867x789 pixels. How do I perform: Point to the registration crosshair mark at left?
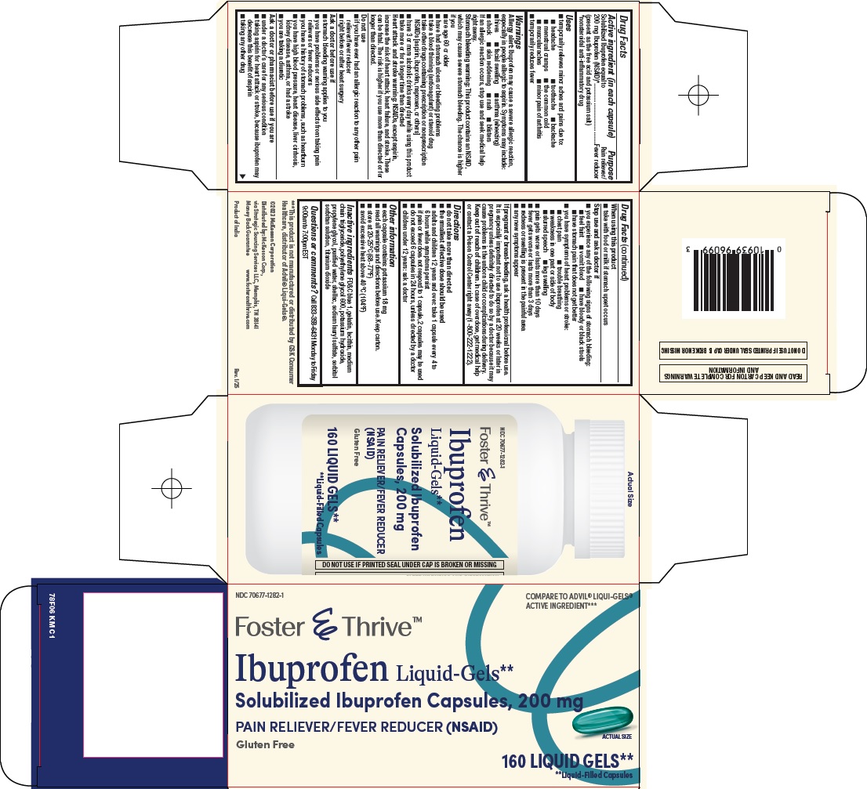[171, 488]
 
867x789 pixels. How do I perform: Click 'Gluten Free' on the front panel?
[265, 744]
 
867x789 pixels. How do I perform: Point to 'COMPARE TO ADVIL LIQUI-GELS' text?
[579, 602]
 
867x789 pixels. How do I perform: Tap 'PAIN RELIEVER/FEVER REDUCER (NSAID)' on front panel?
[367, 727]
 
